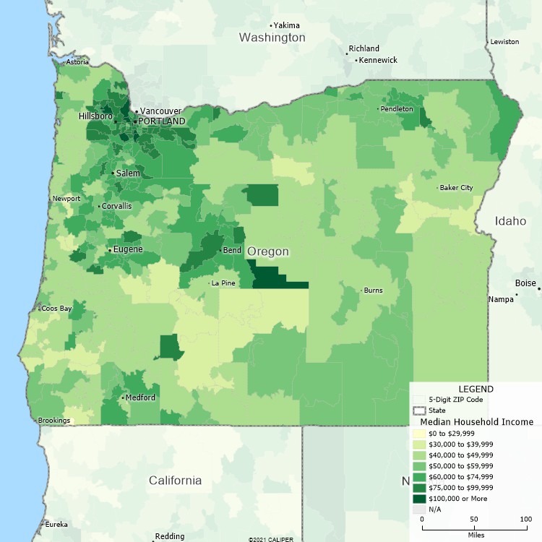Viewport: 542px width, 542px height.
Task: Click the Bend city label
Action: (233, 250)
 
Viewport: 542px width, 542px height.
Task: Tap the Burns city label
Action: (373, 291)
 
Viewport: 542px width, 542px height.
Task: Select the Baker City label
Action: (457, 188)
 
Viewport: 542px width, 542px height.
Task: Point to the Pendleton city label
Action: (397, 108)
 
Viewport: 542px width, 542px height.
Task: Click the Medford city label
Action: (140, 397)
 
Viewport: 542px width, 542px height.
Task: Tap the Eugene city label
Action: (127, 249)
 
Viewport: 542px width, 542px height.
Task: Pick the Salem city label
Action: (128, 173)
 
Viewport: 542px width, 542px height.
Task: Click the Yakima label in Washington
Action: (286, 25)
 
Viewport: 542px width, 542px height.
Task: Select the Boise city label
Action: (525, 283)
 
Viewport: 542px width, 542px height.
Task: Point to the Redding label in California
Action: (170, 536)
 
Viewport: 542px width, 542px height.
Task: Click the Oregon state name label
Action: (268, 251)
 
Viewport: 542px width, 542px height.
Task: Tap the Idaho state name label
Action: (511, 220)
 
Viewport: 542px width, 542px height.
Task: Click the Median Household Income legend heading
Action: (471, 421)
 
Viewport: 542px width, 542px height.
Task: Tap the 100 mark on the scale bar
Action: (526, 520)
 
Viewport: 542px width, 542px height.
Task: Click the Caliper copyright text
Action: (272, 539)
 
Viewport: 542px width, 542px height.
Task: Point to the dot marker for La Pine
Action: (208, 283)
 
